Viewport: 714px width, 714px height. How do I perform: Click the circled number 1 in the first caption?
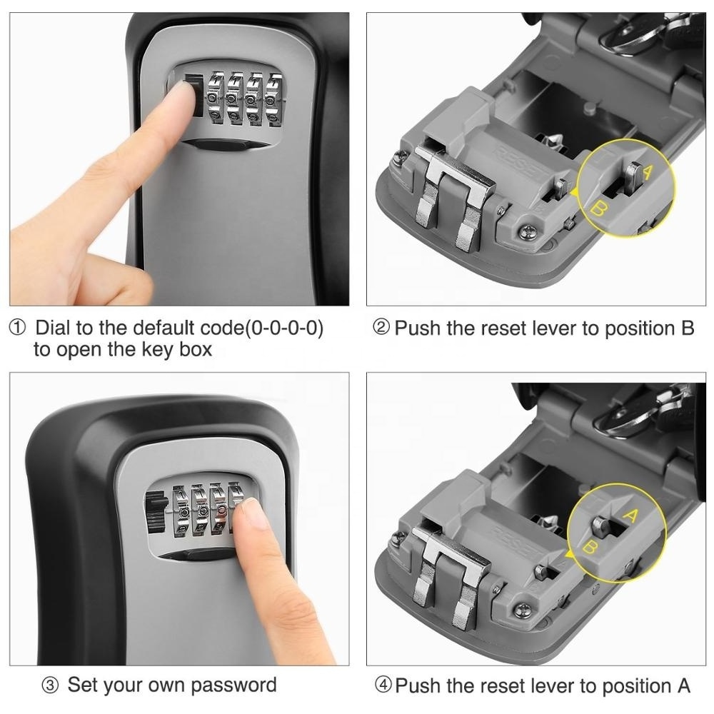coord(17,328)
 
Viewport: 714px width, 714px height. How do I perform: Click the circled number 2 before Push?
coord(382,328)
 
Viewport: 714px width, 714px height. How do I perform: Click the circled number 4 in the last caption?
coord(383,686)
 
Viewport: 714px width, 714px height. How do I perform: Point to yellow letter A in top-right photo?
coord(648,172)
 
